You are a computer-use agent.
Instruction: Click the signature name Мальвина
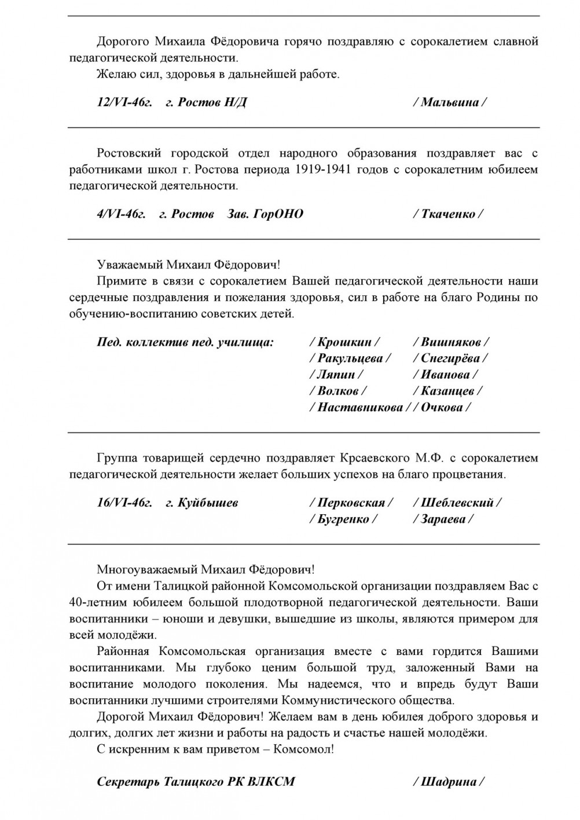pyautogui.click(x=450, y=103)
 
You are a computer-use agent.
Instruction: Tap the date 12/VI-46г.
pyautogui.click(x=124, y=103)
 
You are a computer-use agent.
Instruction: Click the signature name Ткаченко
pyautogui.click(x=448, y=214)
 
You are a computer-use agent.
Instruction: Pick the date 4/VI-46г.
pyautogui.click(x=121, y=214)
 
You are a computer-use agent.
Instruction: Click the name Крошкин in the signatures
pyautogui.click(x=345, y=342)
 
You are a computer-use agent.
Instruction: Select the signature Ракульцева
pyautogui.click(x=350, y=358)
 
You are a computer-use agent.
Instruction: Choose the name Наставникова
pyautogui.click(x=359, y=407)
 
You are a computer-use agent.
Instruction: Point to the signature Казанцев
pyautogui.click(x=448, y=391)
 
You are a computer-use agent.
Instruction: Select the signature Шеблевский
pyautogui.click(x=457, y=503)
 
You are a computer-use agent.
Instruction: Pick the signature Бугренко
pyautogui.click(x=343, y=519)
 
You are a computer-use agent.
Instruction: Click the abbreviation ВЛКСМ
pyautogui.click(x=271, y=782)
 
